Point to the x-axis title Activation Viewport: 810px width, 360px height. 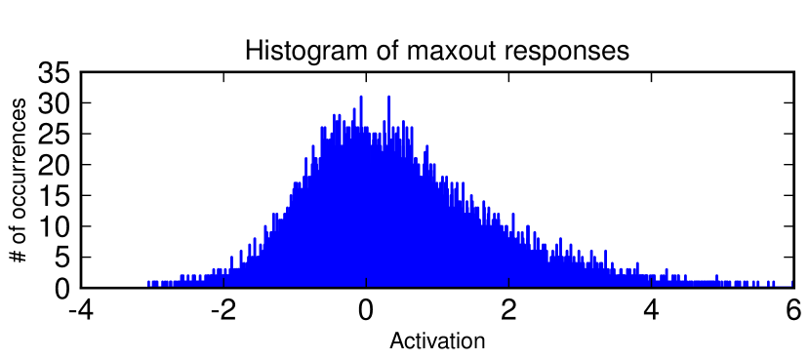click(437, 341)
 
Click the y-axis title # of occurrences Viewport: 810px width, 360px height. click(19, 180)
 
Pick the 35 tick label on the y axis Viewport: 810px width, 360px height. click(54, 72)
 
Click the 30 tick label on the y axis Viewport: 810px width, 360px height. click(54, 102)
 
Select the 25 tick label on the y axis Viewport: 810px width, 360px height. click(54, 134)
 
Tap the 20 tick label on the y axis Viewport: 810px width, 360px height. click(54, 165)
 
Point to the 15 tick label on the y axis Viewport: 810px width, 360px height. click(54, 195)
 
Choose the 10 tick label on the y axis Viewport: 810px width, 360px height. click(54, 226)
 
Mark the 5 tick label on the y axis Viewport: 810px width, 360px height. click(62, 258)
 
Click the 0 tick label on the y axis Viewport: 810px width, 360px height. click(62, 288)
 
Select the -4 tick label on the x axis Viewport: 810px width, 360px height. click(81, 311)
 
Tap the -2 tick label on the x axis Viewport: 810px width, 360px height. click(223, 311)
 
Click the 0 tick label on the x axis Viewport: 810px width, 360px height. click(366, 311)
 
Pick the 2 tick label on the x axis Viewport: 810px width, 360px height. click(508, 311)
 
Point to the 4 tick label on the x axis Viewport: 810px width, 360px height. click(651, 311)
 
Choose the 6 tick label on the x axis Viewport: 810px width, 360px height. click(794, 311)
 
